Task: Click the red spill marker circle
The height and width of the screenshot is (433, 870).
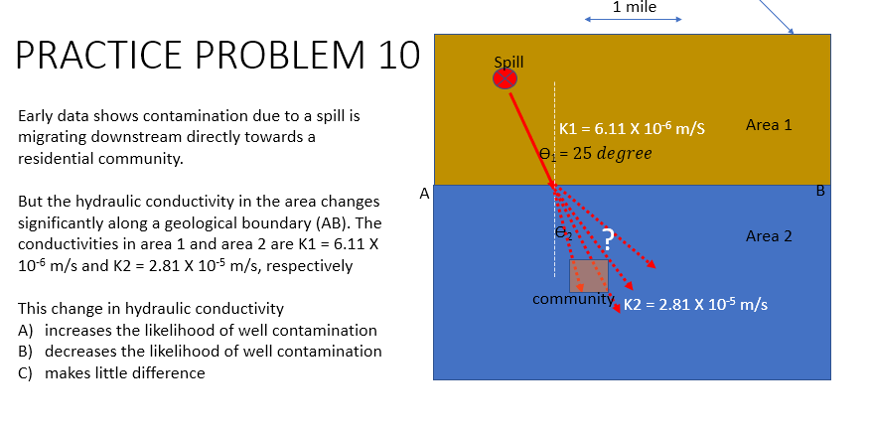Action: [x=507, y=77]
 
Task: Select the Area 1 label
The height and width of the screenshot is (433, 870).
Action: [x=769, y=125]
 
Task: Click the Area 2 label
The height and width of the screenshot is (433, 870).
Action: [x=769, y=236]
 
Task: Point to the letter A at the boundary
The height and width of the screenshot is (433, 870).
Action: [x=424, y=194]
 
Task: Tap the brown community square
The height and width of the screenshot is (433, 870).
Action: [x=588, y=275]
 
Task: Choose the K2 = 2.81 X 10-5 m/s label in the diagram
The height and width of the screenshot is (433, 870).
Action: [x=694, y=303]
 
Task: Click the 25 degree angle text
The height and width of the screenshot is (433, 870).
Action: [x=612, y=153]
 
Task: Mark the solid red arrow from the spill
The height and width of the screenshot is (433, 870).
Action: [x=531, y=134]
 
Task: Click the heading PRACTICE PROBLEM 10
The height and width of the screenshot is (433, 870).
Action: [x=218, y=56]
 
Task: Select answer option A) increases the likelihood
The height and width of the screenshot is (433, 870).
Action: [x=198, y=330]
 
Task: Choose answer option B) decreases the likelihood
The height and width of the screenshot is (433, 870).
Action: [x=200, y=352]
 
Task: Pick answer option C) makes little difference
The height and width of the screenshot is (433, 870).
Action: [x=112, y=373]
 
